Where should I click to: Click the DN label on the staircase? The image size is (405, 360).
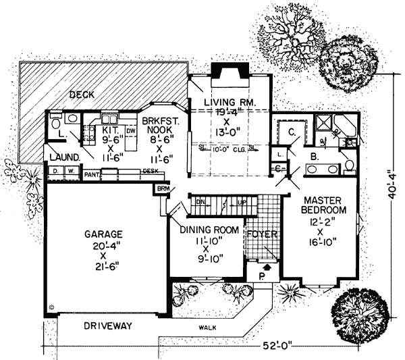200,202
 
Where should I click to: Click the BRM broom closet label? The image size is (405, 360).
163,188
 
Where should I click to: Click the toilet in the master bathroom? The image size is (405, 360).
349,165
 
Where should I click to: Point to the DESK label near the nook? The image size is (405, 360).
150,172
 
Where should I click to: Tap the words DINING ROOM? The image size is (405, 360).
209,230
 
